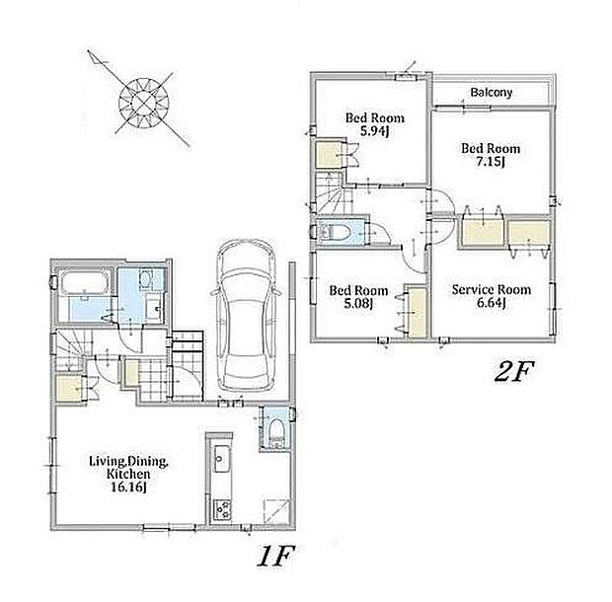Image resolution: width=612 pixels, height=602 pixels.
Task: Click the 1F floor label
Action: coord(275,556)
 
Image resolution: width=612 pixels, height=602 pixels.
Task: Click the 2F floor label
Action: coord(513,372)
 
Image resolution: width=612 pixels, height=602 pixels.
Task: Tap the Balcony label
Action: coord(491,93)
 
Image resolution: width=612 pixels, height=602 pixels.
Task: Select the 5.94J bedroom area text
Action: coord(374,131)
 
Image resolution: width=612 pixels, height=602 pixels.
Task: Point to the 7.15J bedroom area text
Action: coord(490,161)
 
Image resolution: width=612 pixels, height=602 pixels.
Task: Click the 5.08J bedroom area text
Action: coord(358,303)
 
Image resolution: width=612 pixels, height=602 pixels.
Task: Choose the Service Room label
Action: coord(491,289)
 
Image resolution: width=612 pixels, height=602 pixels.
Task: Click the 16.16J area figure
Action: coord(128,487)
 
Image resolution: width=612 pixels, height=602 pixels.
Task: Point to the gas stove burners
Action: coord(222,509)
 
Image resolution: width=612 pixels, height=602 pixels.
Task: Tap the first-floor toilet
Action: coord(277,432)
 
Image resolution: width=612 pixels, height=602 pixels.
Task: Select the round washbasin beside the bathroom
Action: coord(146,278)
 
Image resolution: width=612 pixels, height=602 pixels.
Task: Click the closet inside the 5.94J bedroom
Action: coord(331,154)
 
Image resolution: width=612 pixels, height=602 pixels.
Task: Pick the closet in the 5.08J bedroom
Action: coord(418,311)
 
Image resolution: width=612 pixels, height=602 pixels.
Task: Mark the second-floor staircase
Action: coord(332,192)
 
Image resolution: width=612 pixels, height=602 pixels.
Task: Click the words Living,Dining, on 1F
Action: coord(128,462)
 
